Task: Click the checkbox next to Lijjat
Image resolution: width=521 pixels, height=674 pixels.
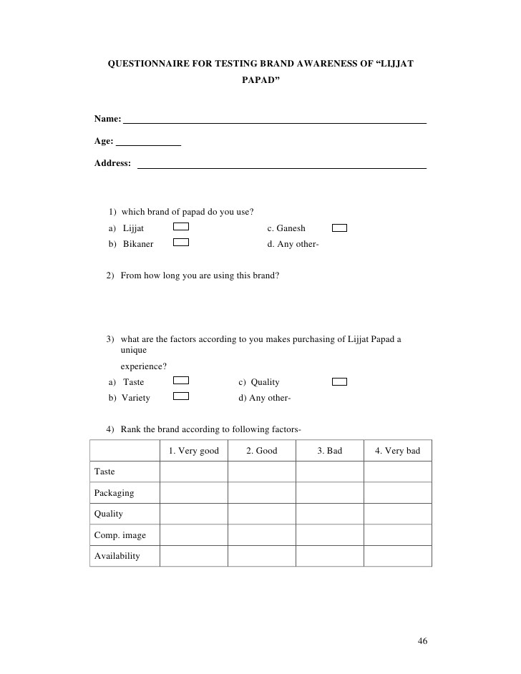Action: (x=182, y=228)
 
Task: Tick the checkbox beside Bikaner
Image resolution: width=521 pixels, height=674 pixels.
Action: (x=182, y=243)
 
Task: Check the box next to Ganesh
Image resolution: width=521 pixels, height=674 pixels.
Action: (x=340, y=228)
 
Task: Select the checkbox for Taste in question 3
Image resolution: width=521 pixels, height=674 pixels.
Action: (x=182, y=381)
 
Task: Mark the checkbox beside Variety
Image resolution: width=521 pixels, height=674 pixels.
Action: (x=182, y=396)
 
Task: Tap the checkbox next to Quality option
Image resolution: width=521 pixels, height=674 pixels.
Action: (x=340, y=381)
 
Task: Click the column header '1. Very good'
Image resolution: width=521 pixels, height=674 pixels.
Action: (x=194, y=451)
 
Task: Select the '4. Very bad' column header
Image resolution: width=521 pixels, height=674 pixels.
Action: (x=397, y=451)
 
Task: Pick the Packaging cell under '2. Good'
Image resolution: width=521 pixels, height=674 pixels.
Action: (x=261, y=493)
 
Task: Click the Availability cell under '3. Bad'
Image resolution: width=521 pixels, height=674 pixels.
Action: (x=329, y=556)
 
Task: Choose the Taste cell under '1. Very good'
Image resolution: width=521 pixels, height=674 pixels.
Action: (x=194, y=472)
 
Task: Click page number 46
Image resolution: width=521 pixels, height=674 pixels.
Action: (x=422, y=640)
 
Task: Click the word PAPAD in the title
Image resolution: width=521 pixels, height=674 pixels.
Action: (x=260, y=81)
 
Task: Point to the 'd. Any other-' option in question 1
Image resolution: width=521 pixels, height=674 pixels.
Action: (x=293, y=244)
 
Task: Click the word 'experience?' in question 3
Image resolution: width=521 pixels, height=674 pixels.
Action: (x=144, y=366)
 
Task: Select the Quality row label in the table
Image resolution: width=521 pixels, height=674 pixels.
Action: (x=109, y=514)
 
